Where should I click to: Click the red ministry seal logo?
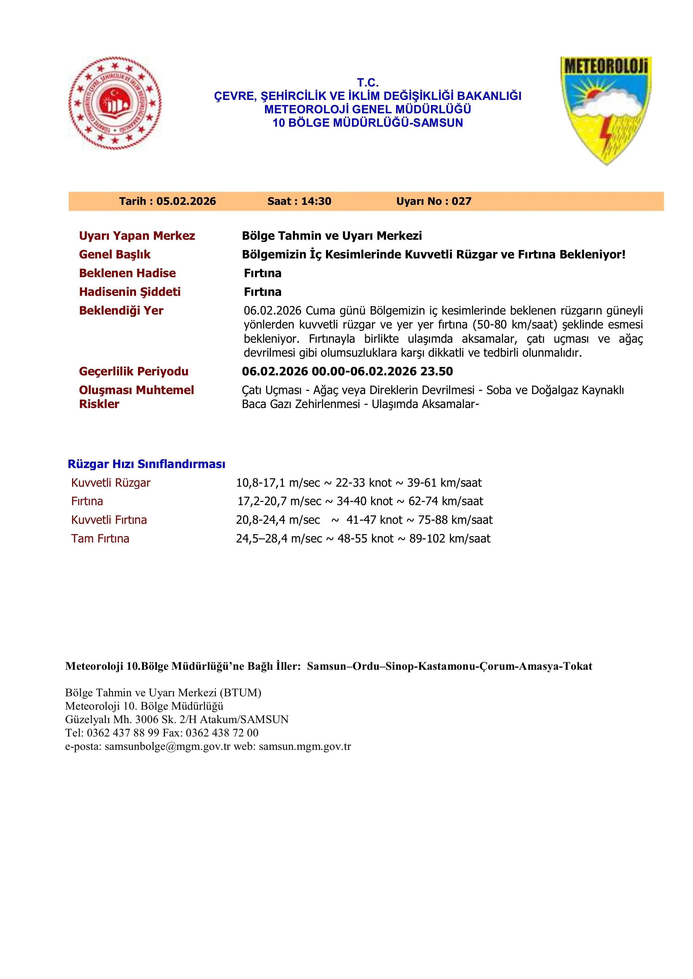(x=115, y=104)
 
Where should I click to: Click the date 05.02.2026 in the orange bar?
(x=186, y=201)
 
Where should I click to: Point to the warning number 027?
(x=461, y=201)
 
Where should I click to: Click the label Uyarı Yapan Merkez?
(x=137, y=236)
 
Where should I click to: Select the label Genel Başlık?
(x=115, y=255)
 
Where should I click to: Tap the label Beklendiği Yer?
(x=121, y=310)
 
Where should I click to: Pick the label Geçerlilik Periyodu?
(x=134, y=371)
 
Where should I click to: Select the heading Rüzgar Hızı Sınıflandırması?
(x=146, y=464)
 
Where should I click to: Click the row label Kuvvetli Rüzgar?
(x=111, y=483)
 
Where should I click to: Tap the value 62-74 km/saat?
(x=446, y=501)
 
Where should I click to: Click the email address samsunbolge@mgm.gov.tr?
(x=167, y=746)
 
